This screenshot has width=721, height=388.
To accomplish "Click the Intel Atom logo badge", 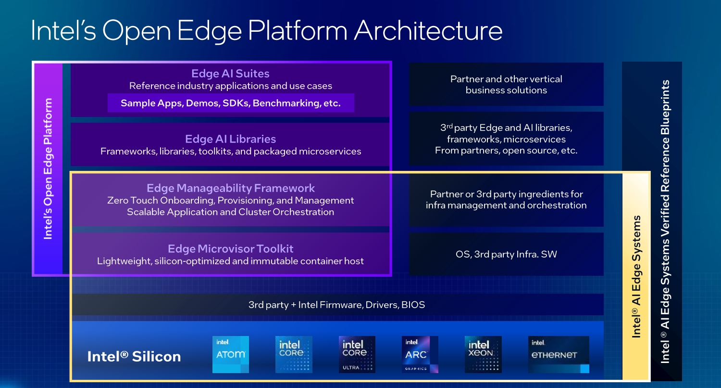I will coord(231,354).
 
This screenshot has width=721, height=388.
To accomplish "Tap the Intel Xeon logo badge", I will coord(483,354).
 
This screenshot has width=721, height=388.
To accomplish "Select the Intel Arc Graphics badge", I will coord(420,354).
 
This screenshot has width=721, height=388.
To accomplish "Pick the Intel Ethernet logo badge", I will coord(559,354).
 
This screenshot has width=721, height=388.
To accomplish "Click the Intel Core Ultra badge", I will coord(357,354).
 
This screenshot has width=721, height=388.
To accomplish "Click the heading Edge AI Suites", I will coord(230,74).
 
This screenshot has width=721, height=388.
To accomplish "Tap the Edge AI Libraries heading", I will coord(230,139).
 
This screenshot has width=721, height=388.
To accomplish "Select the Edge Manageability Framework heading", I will coord(230,188).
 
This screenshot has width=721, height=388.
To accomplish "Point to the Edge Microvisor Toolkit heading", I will coord(230,249).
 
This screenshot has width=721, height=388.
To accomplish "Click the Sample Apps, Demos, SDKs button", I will coord(230,103).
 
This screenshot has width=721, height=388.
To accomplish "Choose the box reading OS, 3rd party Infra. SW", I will coord(506,254).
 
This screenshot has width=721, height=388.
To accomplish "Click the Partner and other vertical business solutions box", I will coord(506,84).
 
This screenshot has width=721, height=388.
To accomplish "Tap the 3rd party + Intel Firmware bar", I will coord(336,305).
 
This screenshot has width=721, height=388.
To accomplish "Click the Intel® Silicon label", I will coord(134,357).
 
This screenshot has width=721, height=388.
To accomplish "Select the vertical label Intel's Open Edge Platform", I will coord(48,168).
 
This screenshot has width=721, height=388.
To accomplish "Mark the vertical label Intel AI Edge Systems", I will coord(636,276).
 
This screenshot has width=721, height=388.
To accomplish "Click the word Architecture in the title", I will coord(428,31).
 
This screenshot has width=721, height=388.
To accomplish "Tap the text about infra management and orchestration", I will coord(506,200).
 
